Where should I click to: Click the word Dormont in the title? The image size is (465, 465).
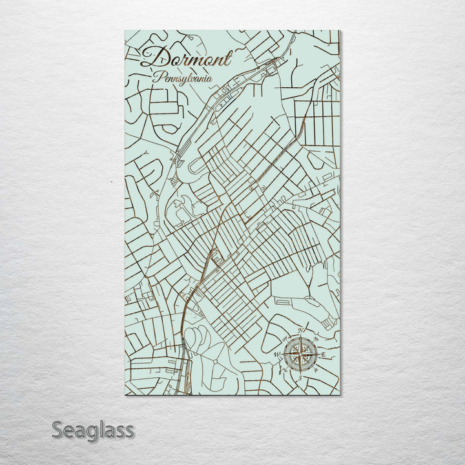[x=185, y=58]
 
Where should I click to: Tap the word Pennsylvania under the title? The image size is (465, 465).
[x=183, y=78]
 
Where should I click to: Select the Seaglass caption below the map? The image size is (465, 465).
[x=92, y=429]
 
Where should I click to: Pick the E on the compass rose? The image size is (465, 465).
[x=323, y=355]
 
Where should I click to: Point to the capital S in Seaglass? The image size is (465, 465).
[x=58, y=429]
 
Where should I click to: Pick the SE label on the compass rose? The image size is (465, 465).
[x=316, y=371]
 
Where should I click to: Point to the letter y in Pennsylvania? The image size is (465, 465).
[x=191, y=80]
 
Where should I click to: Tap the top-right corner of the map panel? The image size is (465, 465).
[x=340, y=31]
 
